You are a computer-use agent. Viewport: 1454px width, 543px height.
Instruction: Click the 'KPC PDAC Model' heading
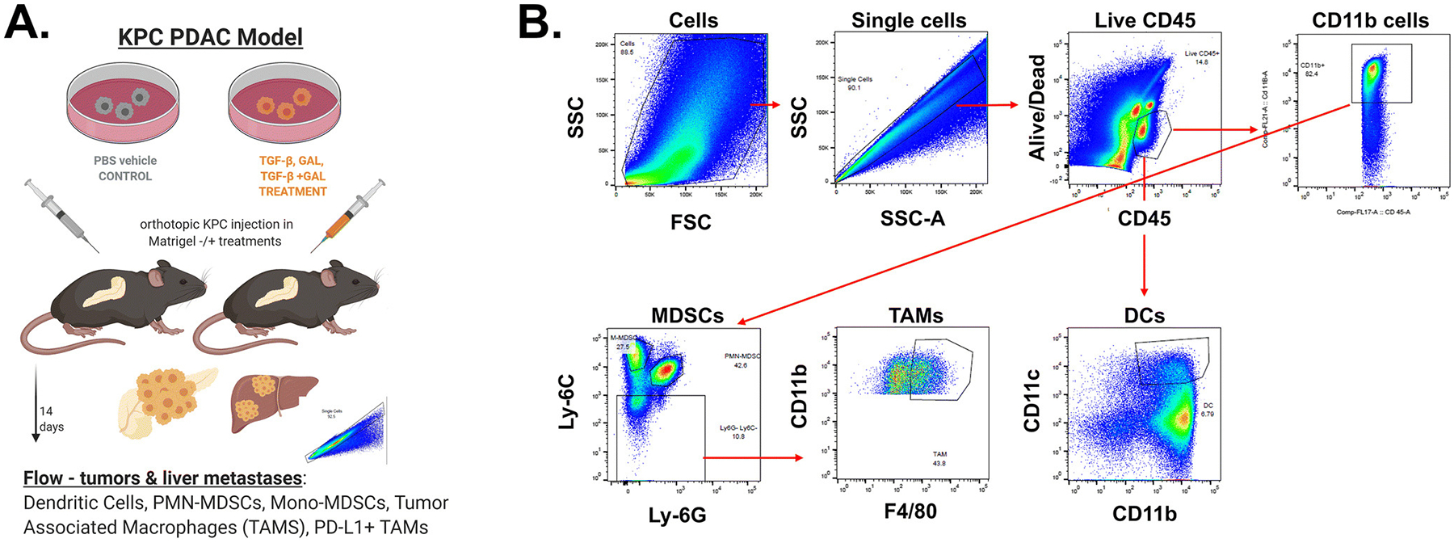tap(210, 37)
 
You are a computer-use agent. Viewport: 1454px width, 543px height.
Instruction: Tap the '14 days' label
tap(51, 419)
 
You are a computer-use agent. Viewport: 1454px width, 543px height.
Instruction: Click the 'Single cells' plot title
tap(909, 21)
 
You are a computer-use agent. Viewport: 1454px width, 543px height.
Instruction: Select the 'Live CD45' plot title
tap(1145, 21)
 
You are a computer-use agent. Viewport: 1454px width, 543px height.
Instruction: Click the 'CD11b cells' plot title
tap(1370, 21)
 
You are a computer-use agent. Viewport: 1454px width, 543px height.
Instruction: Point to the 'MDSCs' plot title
tap(687, 316)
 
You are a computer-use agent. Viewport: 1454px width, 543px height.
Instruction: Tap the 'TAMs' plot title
tap(915, 316)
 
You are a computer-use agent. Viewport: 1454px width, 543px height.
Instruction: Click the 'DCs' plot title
tap(1144, 316)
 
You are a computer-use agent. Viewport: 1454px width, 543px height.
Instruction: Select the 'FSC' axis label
tap(691, 222)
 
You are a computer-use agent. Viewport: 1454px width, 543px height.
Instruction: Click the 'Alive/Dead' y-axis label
tap(1037, 107)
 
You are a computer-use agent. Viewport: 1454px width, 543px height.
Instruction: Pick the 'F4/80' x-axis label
tap(910, 511)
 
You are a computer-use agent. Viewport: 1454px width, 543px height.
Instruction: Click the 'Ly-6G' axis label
tap(677, 515)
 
